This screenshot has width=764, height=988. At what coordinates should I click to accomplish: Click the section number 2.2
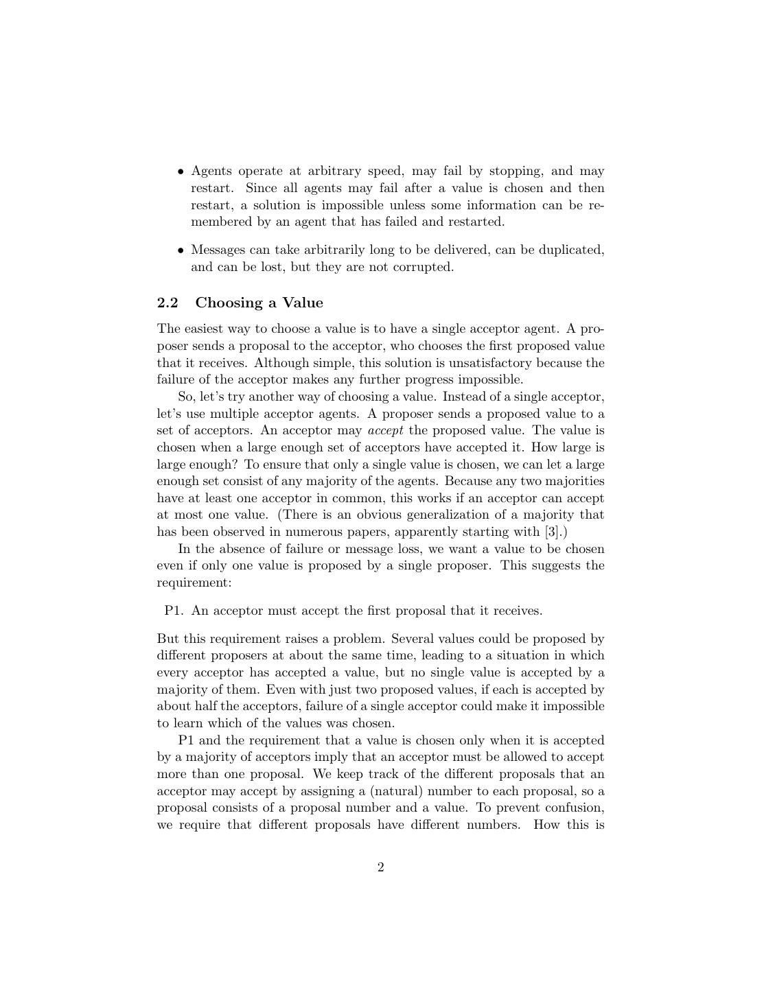(x=167, y=303)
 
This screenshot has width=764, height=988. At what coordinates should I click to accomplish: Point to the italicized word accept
(x=385, y=430)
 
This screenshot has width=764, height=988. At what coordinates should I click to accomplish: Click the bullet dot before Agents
(x=181, y=172)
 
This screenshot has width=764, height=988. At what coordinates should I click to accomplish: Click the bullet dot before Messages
(x=181, y=250)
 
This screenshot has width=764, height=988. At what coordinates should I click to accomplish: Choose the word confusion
(x=574, y=808)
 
